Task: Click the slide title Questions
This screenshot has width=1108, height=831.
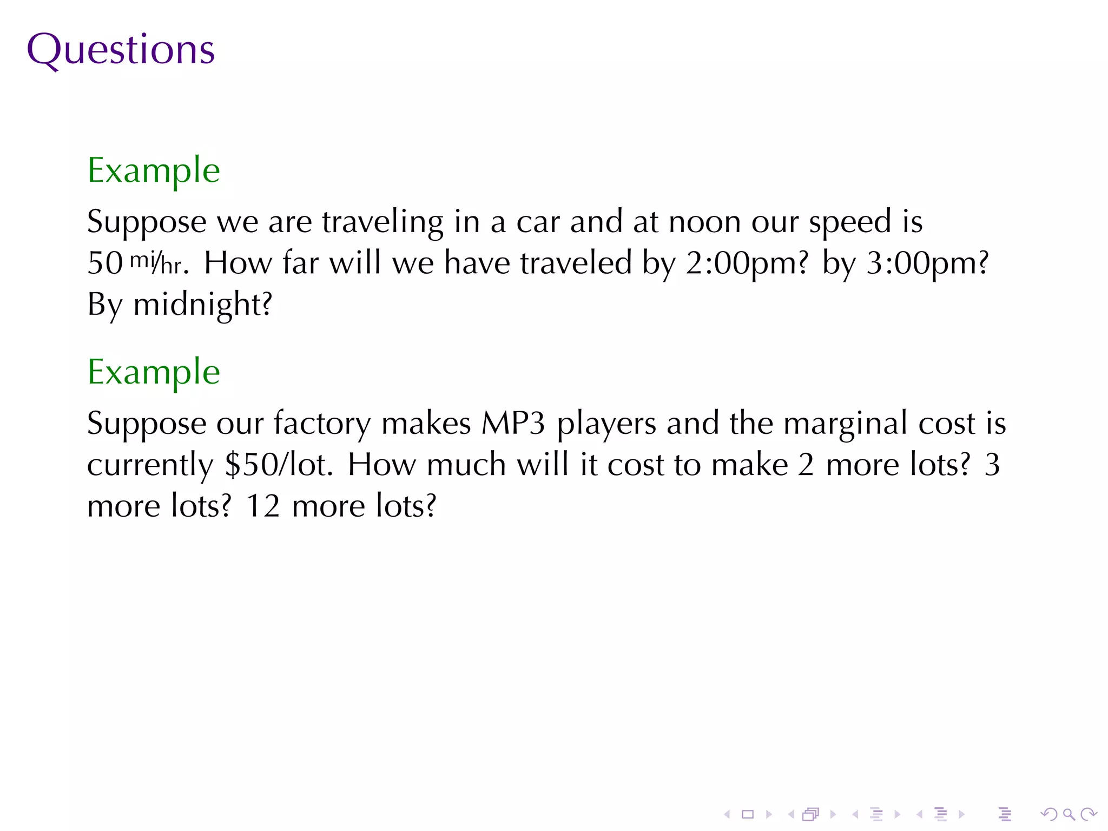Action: [121, 50]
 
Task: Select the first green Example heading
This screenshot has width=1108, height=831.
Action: [154, 170]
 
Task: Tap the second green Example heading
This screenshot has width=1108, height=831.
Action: [154, 372]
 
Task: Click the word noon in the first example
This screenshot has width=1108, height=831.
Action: [704, 222]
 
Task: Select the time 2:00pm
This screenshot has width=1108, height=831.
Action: [747, 264]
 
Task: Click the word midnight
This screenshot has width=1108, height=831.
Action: [202, 305]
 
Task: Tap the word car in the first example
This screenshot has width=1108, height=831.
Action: [538, 222]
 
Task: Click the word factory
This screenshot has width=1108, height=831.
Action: [322, 424]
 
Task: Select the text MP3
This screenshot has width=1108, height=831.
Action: [513, 424]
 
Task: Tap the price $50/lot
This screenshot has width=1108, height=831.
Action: [278, 465]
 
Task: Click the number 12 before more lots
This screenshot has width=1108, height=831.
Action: [263, 506]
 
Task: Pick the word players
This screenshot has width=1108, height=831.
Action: [606, 424]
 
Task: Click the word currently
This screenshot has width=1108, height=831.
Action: [150, 465]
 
